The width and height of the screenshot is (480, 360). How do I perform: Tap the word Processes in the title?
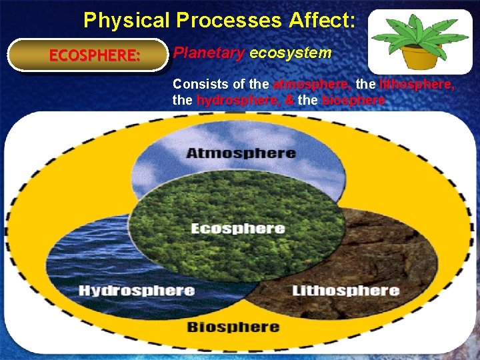[x=229, y=20]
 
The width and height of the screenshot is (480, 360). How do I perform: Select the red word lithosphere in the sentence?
[x=417, y=85]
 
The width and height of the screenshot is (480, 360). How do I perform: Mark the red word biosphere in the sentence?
[x=353, y=100]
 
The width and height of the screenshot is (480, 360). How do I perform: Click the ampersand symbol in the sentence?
[x=289, y=100]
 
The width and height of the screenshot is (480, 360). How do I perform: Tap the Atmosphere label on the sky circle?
[x=241, y=153]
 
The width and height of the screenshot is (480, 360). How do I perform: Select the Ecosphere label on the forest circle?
[x=238, y=229]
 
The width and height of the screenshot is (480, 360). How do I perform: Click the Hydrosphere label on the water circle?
[x=136, y=291]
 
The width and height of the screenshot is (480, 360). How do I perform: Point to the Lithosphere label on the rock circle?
[x=345, y=291]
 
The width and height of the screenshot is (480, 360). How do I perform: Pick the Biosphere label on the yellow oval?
[x=233, y=327]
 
